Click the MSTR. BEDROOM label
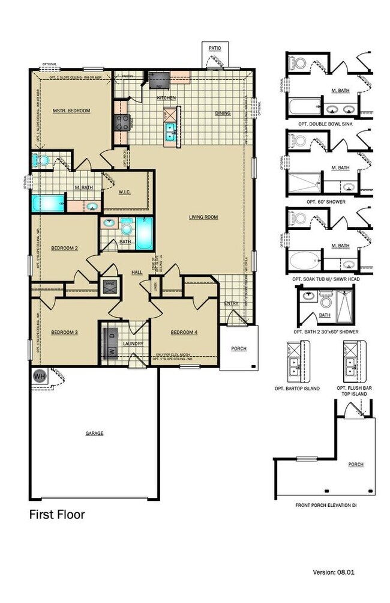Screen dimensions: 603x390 (x=71, y=111)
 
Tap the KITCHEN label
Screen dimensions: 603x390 (x=166, y=98)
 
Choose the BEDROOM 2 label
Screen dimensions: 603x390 (x=64, y=247)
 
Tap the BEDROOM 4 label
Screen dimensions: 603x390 (x=184, y=333)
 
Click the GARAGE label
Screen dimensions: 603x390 (x=94, y=433)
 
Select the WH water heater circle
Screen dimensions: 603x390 (x=40, y=377)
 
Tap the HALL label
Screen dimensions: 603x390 (x=137, y=272)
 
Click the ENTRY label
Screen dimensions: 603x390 (x=232, y=304)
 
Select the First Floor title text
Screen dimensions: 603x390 (x=57, y=515)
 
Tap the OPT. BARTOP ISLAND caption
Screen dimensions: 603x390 (x=297, y=389)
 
